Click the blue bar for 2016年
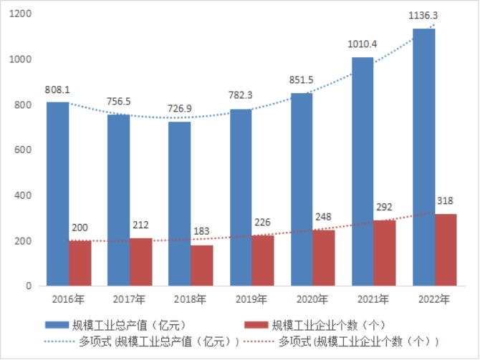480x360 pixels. [58, 193]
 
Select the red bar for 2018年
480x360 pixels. [202, 266]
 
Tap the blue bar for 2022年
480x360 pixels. [423, 157]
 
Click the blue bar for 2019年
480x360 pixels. [241, 197]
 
